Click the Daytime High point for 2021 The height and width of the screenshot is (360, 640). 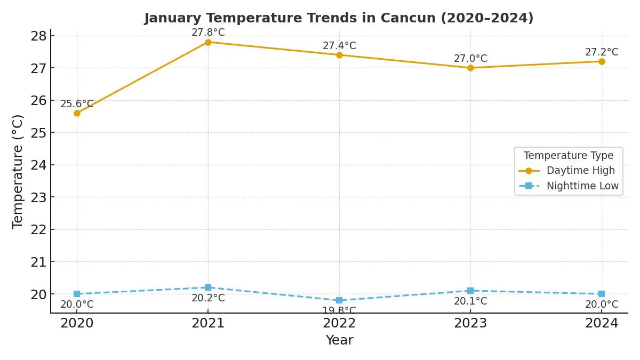click(x=208, y=42)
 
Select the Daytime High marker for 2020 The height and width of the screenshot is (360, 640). click(x=77, y=113)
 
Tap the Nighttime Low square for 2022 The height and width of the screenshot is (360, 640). click(x=339, y=300)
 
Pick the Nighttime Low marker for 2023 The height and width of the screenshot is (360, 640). click(x=470, y=291)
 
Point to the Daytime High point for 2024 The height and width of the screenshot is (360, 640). click(x=602, y=61)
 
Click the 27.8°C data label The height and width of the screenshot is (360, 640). click(x=208, y=33)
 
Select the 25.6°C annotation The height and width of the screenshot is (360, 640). click(x=77, y=104)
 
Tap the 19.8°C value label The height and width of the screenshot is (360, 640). click(x=339, y=310)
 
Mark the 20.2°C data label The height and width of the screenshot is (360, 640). click(x=208, y=298)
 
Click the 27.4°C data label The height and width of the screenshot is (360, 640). click(x=339, y=46)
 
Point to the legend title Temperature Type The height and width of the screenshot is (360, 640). click(x=569, y=156)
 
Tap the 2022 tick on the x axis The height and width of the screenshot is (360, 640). click(x=339, y=323)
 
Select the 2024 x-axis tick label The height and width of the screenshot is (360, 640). click(x=602, y=323)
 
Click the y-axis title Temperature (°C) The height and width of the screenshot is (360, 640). click(x=18, y=171)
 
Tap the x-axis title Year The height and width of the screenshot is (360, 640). click(x=339, y=340)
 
